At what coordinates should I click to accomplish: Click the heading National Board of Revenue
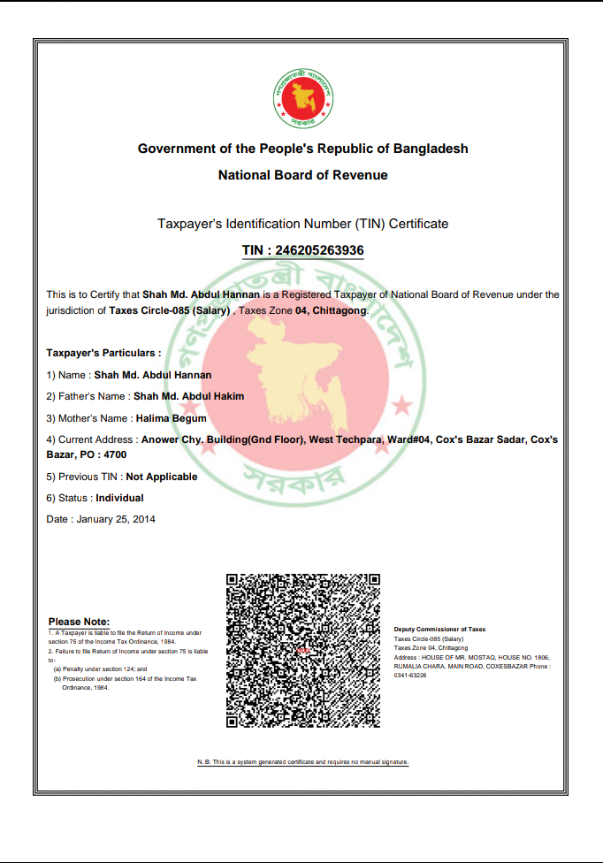point(302,175)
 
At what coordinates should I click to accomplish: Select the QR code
point(303,650)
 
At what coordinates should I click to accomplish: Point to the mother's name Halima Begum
point(170,418)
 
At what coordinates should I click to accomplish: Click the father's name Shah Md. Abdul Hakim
point(188,396)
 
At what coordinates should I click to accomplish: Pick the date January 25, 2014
point(116,519)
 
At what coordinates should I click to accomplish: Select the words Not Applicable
point(162,477)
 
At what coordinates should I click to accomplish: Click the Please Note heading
point(79,622)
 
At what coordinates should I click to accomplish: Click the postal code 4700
point(114,454)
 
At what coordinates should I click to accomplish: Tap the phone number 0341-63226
point(410,675)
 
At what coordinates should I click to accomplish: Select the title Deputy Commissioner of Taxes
point(439,630)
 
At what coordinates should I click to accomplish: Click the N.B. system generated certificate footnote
point(302,761)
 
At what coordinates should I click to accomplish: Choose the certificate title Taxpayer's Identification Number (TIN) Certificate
point(302,224)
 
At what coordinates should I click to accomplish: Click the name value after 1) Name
point(153,375)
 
